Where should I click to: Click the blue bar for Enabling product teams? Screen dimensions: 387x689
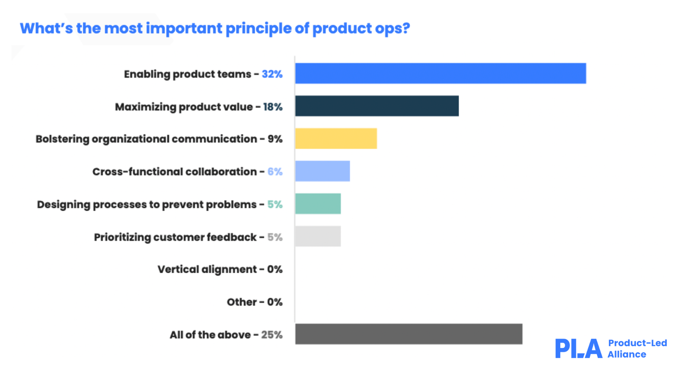coord(440,74)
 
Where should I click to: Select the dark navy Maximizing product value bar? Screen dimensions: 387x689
coord(377,106)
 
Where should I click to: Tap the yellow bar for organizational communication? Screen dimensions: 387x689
coord(336,138)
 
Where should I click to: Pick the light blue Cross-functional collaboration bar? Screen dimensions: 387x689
coord(323,171)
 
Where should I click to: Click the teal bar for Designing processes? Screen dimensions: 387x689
coord(318,204)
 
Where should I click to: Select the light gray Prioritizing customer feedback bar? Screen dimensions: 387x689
coord(318,236)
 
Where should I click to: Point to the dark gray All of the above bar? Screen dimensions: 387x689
coord(409,334)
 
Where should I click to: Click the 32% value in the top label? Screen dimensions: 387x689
coord(272,74)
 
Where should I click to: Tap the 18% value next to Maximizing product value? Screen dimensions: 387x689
coord(273,107)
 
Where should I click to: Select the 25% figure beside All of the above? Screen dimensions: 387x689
coord(272,335)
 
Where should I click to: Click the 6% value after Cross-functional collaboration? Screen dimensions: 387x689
coord(275,172)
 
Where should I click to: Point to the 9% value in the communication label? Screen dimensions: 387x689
coord(275,139)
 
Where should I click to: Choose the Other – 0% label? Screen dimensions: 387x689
coord(254,302)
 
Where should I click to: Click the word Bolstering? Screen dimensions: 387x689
coord(62,139)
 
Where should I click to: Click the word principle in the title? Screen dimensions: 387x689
coord(258,28)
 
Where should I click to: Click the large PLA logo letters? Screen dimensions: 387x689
coord(578,349)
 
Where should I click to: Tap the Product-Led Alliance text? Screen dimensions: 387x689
coord(637,349)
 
